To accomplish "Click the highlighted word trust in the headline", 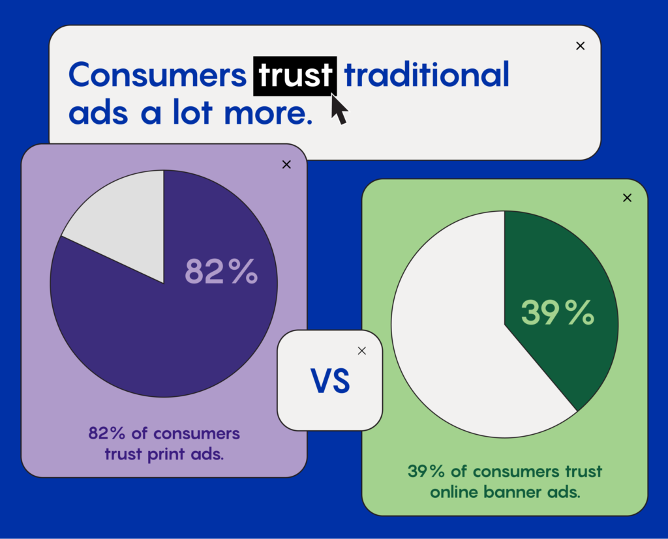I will [295, 76].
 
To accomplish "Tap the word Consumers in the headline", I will [157, 76].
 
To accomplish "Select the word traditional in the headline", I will [427, 76].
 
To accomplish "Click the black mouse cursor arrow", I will [339, 109].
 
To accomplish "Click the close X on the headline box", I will [580, 46].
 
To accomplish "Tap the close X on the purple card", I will [286, 164].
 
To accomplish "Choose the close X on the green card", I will [627, 198].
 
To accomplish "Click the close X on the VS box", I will [362, 351].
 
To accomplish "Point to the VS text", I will [330, 381].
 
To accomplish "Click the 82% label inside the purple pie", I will [222, 271].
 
